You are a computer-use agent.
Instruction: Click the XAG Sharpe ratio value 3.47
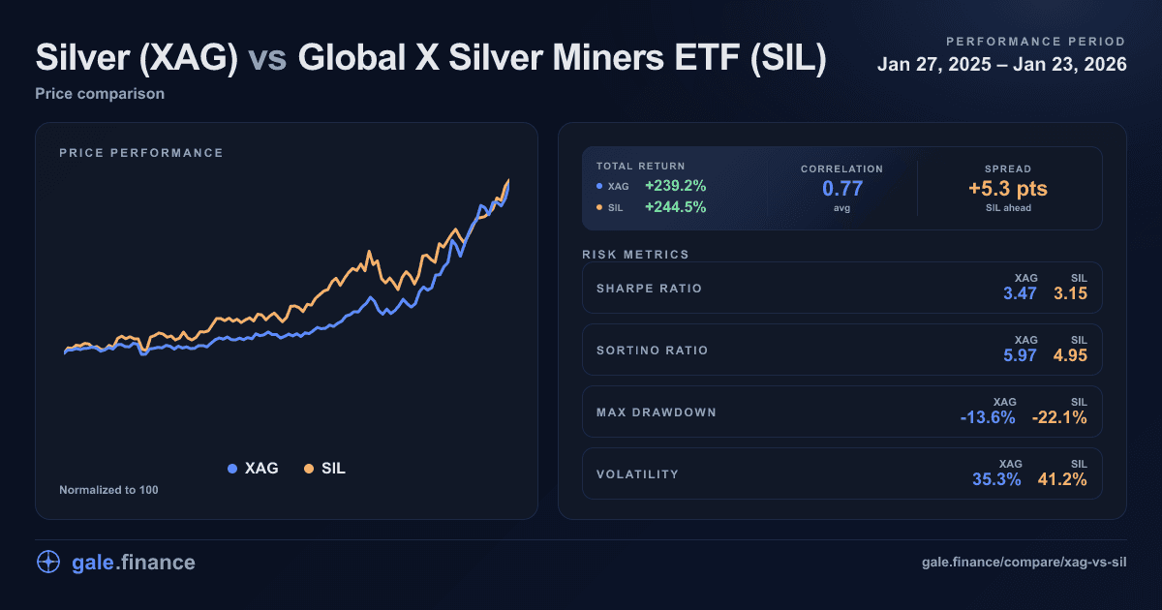click(x=1021, y=293)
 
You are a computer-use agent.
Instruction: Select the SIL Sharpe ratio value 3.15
click(x=1071, y=293)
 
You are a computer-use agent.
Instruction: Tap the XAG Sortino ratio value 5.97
click(x=1021, y=355)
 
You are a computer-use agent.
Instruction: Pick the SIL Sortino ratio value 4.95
click(x=1071, y=355)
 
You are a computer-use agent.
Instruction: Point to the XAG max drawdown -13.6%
click(x=988, y=417)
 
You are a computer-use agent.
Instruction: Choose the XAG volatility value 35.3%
click(x=996, y=479)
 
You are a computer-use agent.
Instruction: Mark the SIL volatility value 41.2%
click(x=1062, y=479)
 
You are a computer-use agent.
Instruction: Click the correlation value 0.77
click(x=841, y=188)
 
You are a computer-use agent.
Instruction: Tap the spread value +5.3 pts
click(x=1009, y=188)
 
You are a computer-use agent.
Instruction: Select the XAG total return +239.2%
click(x=676, y=186)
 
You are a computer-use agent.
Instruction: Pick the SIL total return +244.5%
click(x=676, y=206)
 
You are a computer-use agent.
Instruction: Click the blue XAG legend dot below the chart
click(x=232, y=469)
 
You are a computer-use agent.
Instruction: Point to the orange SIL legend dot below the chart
click(x=309, y=469)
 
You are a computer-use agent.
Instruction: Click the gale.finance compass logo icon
click(x=48, y=563)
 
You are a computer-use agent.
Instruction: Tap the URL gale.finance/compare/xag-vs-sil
click(x=1025, y=563)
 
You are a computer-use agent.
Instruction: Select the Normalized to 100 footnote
click(x=108, y=490)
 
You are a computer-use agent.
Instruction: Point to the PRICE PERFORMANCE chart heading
click(x=141, y=153)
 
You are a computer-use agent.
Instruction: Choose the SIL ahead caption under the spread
click(x=1009, y=208)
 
